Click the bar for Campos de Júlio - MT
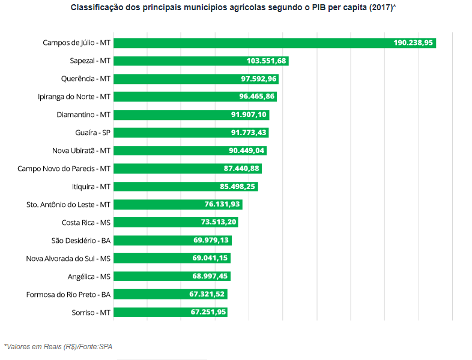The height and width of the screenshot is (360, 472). (252, 43)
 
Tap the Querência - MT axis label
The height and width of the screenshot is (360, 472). (85, 79)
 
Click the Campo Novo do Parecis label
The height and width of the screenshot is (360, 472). (64, 169)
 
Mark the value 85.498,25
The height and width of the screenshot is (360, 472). (238, 187)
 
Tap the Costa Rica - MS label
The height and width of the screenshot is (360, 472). (86, 223)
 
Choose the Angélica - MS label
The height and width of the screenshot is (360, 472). (89, 277)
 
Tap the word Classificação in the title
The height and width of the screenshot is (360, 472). (95, 8)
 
